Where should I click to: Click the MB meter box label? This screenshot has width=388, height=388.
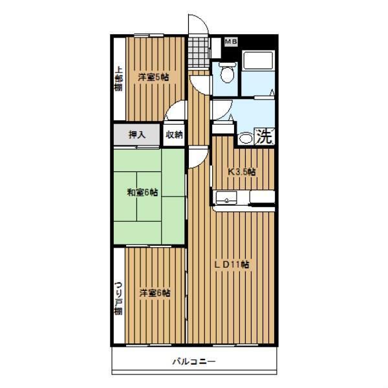[x=231, y=41]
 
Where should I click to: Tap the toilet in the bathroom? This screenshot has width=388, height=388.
[x=226, y=72]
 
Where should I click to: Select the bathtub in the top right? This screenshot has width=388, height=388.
[x=258, y=60]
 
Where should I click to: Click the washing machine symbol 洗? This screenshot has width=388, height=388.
[x=264, y=136]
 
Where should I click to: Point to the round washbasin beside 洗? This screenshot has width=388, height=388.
[x=244, y=138]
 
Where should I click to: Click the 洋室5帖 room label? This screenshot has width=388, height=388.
[x=153, y=78]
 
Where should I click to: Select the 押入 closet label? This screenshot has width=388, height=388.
[x=137, y=135]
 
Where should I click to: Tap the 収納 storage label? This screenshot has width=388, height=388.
[x=174, y=135]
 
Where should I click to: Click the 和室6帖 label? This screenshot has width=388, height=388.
[x=142, y=192]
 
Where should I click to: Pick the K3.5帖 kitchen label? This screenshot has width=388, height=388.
[x=241, y=172]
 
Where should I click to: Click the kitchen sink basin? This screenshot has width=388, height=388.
[x=226, y=198]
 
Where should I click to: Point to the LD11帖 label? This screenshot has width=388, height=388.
[x=232, y=264]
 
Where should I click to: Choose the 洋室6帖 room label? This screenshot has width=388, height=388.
[x=155, y=293]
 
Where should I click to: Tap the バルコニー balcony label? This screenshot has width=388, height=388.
[x=194, y=361]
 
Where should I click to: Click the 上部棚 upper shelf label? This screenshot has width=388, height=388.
[x=118, y=78]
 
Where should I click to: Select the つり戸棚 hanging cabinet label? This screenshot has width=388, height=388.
[x=118, y=298]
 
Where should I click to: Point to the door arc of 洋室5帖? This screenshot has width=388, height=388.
[x=171, y=107]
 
